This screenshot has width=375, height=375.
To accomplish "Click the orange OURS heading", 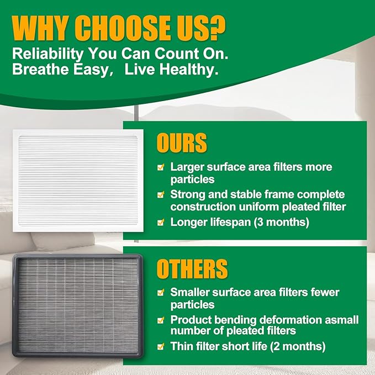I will tap(182, 142).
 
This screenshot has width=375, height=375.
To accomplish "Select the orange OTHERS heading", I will tap(192, 269).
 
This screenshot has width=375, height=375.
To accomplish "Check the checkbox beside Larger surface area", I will tap(161, 166).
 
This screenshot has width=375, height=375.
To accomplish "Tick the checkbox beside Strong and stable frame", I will tap(161, 195).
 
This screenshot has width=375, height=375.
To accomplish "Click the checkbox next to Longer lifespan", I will tap(161, 223).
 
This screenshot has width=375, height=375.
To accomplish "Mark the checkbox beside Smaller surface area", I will tap(161, 292).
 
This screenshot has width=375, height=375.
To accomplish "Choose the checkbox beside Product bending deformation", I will tap(161, 320).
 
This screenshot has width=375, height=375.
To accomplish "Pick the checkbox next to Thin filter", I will tap(161, 347).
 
